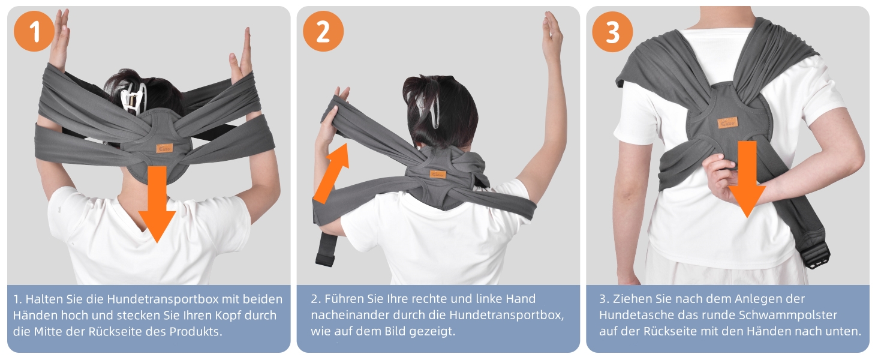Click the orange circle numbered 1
pos(34,31)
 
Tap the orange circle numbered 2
pos(323,31)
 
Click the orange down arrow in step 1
pos(157,204)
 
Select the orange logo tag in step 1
pos(164,148)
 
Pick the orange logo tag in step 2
pos(438,174)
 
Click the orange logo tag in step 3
pos(727,123)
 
